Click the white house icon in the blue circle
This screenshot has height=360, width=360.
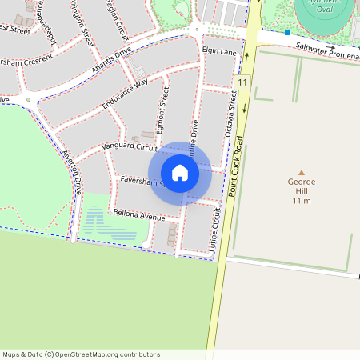[180, 173]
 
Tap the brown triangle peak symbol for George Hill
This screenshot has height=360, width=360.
[302, 172]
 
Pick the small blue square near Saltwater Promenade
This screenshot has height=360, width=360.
[286, 33]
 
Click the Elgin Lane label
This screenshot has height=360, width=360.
[219, 51]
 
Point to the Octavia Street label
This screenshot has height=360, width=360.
[233, 114]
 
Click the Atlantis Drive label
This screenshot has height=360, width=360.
[111, 62]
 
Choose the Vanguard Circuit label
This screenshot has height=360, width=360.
[130, 147]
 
